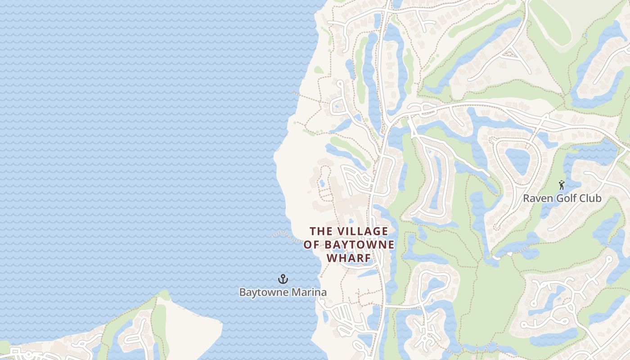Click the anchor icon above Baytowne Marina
tap(283, 279)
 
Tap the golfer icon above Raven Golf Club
tap(562, 185)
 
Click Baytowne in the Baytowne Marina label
tap(264, 292)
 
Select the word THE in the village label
tap(320, 231)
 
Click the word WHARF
tap(349, 258)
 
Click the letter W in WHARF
tap(331, 258)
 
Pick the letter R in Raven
tap(526, 198)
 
